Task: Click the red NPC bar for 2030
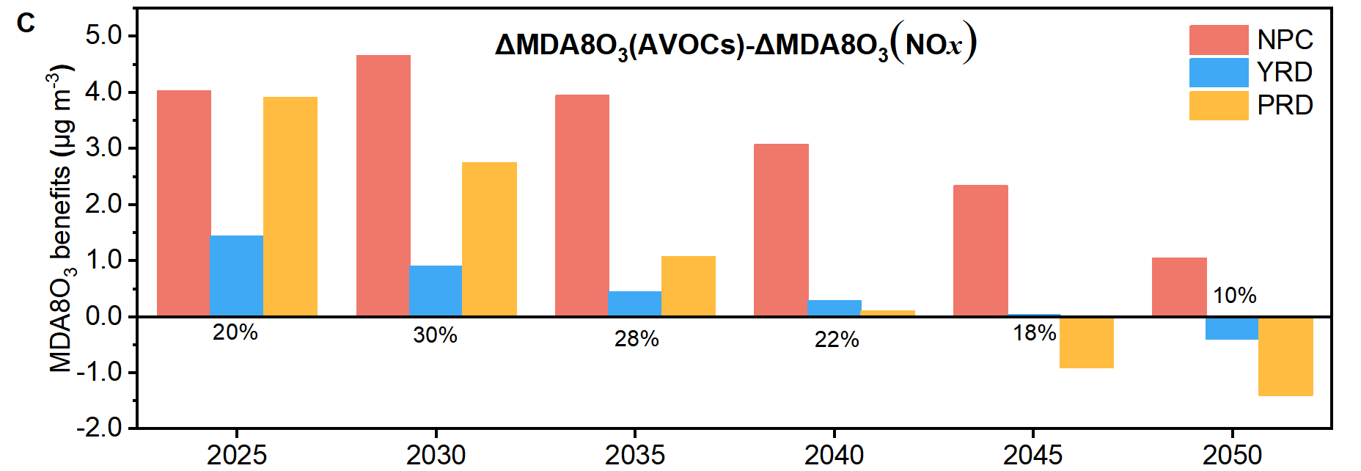(384, 186)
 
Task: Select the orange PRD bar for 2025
(290, 207)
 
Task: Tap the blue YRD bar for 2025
(236, 276)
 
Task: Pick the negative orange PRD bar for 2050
(1285, 357)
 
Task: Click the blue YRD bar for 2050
(1232, 328)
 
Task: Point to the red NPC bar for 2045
(980, 251)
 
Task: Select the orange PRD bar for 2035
(689, 286)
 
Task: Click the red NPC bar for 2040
(782, 230)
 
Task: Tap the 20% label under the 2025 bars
(235, 332)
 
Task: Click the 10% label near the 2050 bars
(1235, 296)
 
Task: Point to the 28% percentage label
(637, 339)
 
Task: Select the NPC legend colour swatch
(1219, 40)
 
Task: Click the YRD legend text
(1285, 72)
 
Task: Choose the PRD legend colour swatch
(1219, 105)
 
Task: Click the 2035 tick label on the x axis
(635, 455)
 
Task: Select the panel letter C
(26, 23)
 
